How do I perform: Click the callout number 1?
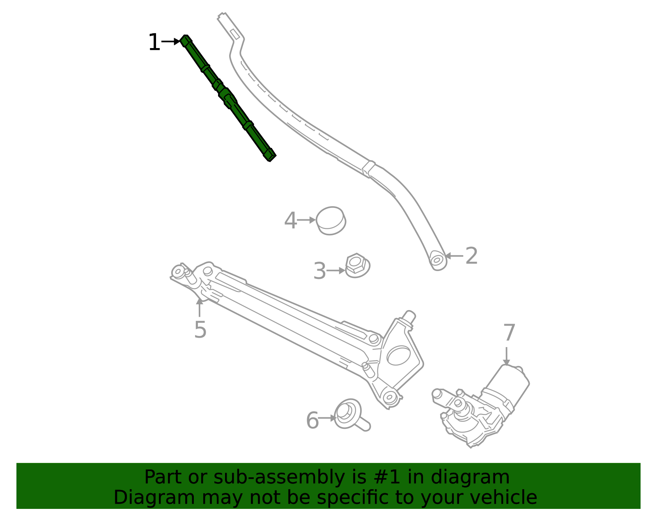click(154, 42)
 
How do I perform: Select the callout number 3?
click(319, 271)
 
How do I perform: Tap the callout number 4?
click(291, 220)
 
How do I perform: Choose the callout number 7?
click(509, 333)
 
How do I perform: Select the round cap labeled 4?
click(331, 221)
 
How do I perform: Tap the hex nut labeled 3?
click(357, 266)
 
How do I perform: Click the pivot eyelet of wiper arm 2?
click(437, 260)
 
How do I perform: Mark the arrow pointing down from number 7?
click(506, 356)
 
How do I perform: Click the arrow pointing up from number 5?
click(200, 307)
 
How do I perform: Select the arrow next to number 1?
click(171, 41)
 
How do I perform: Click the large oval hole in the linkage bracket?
click(398, 356)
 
